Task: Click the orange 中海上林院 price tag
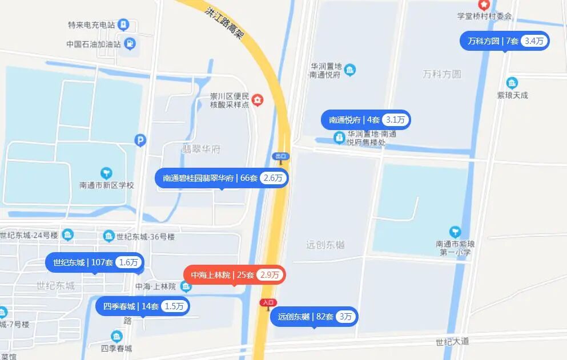234,275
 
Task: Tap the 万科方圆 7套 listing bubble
505,41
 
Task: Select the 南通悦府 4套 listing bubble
366,120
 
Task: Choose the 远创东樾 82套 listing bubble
314,317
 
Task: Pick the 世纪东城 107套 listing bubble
95,262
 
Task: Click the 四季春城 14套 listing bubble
142,306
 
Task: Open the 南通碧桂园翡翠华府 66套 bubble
222,178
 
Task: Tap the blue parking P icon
140,140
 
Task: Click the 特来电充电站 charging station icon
123,25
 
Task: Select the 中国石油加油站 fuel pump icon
130,43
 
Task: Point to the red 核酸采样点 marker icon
258,100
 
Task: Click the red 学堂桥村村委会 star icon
484,5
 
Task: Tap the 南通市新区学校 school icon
106,173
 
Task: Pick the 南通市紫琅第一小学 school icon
455,232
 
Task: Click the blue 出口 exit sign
280,156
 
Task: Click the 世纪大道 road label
452,341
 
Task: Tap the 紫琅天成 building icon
512,83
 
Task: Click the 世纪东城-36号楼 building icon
109,236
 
